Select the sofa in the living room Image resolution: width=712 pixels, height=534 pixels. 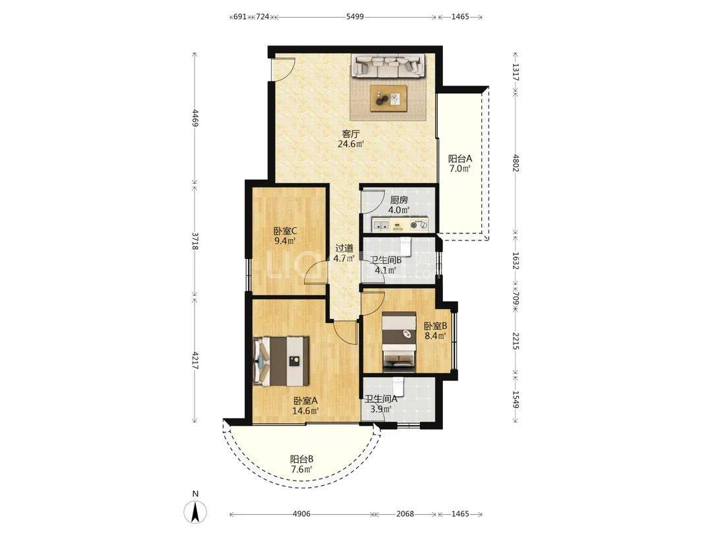388,65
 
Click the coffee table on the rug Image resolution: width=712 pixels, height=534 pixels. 388,98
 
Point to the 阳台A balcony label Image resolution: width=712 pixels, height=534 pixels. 460,159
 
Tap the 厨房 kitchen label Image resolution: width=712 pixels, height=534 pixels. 399,200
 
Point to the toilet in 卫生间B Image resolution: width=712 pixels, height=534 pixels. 405,247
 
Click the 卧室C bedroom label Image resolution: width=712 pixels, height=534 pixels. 285,230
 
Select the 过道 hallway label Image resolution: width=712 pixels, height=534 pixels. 343,249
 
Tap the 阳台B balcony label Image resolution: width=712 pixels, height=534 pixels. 301,459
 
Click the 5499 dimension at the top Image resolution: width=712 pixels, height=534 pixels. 355,16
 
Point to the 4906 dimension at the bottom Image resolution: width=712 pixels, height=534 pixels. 301,514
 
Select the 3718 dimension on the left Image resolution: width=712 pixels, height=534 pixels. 194,241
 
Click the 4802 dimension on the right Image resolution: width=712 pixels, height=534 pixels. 516,163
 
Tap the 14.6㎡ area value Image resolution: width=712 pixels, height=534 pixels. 305,411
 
